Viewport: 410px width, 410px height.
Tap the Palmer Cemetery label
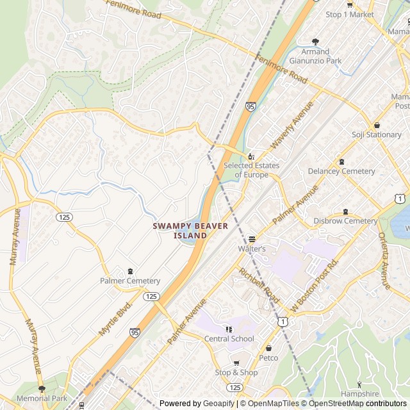pos(130,281)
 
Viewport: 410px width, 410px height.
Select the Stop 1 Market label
pos(350,14)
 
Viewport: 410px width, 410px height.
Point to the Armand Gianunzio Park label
pos(315,56)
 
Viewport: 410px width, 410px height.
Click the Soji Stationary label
pos(377,135)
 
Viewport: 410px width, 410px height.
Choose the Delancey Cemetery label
pos(341,171)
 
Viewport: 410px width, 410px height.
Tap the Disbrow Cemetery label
pos(345,221)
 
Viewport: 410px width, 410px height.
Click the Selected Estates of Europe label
pos(251,170)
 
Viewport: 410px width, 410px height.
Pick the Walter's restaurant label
pos(252,248)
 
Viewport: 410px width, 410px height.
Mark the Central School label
pos(229,338)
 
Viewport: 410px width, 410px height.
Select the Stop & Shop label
pos(236,372)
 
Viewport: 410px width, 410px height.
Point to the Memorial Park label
pos(42,398)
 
